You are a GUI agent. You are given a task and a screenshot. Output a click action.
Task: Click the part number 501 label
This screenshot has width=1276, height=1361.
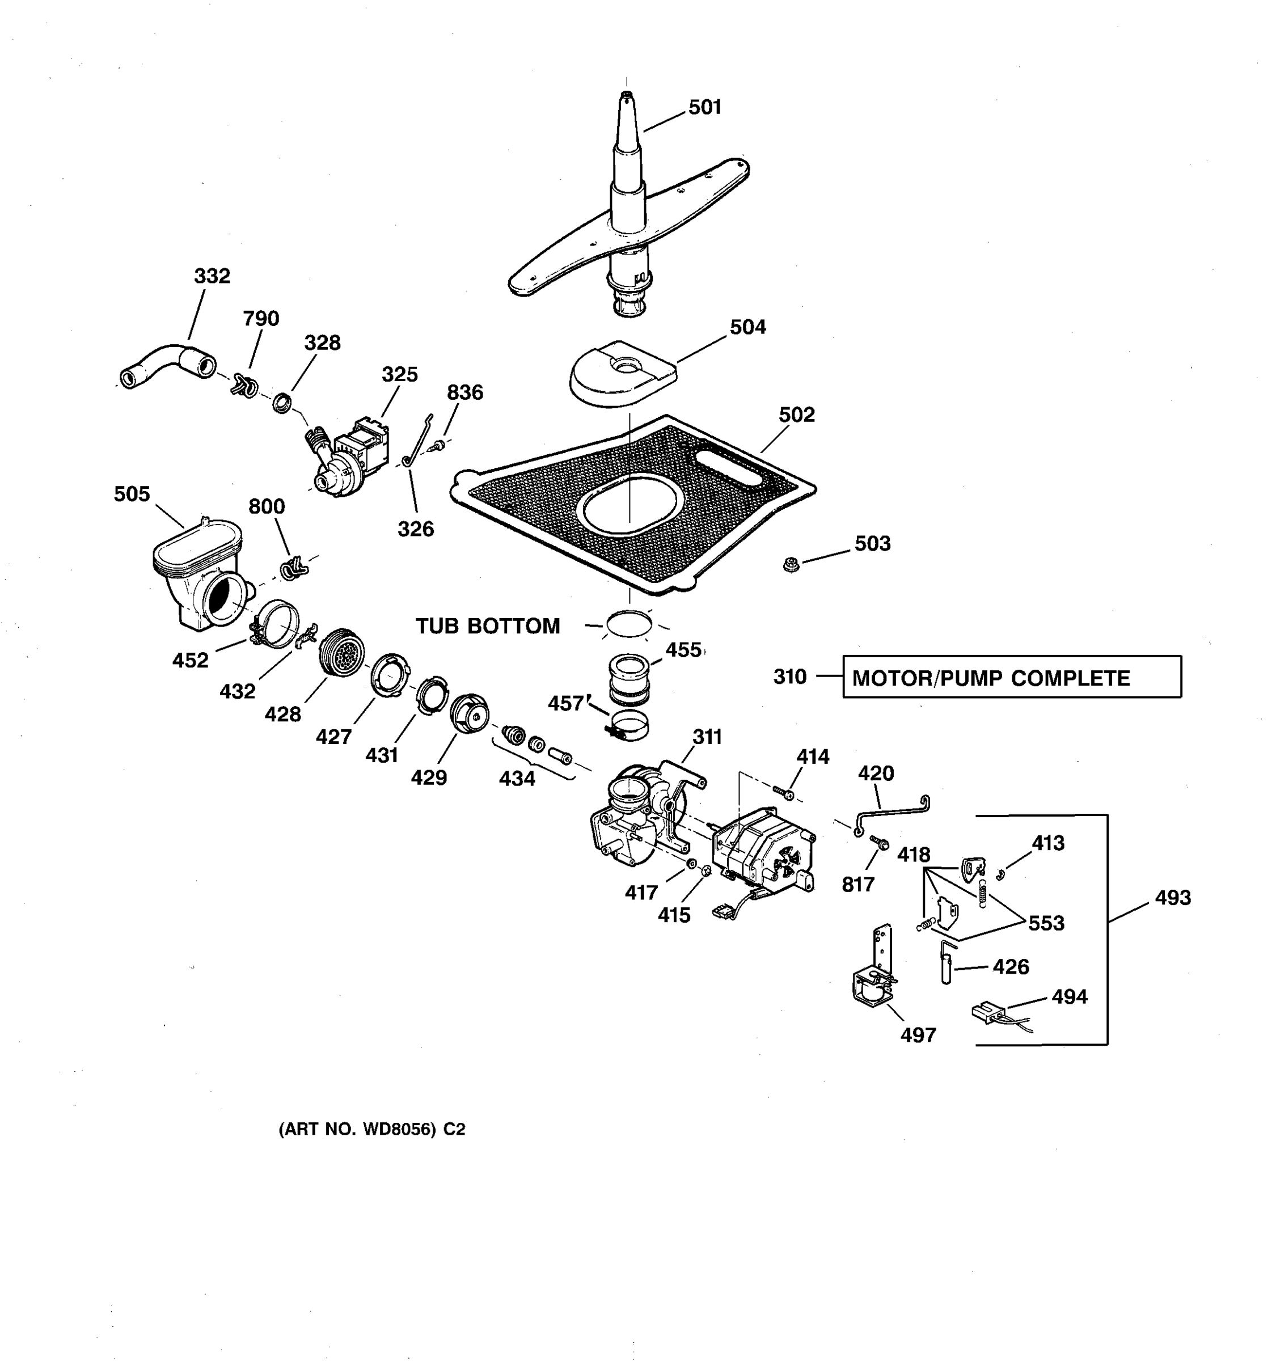[705, 108]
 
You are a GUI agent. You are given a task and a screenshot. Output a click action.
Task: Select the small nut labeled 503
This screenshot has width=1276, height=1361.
[791, 565]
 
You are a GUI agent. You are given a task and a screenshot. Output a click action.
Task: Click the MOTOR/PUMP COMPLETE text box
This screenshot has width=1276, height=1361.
[1012, 677]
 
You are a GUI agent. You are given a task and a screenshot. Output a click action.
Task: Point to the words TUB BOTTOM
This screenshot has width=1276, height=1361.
[488, 625]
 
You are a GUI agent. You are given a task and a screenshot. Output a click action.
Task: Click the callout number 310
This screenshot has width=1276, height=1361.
[790, 677]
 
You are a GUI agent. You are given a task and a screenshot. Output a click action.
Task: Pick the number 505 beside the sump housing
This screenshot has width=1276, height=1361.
[132, 494]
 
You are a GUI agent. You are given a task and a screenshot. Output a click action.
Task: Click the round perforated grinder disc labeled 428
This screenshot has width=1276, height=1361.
[341, 653]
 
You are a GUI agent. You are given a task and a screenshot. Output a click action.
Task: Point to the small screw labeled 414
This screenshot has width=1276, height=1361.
[784, 793]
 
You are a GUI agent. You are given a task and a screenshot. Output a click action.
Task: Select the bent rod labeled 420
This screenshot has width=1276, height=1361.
[893, 814]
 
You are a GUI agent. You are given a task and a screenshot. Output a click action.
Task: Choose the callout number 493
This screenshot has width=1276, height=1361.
[1173, 898]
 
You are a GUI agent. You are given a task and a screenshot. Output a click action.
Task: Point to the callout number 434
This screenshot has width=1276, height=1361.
[517, 779]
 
